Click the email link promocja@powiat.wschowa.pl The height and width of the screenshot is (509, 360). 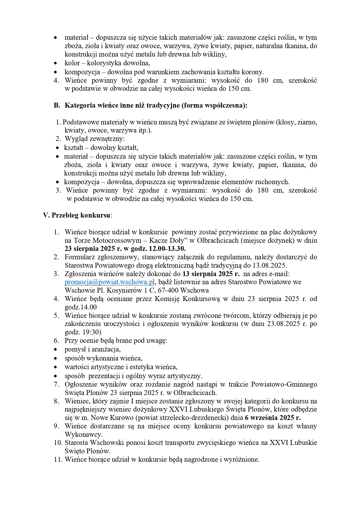[x=110, y=282]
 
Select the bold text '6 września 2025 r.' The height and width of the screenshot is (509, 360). [x=273, y=418]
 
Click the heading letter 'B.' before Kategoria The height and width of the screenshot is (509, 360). [x=57, y=106]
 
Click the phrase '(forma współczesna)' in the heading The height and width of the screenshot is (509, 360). [x=214, y=106]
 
